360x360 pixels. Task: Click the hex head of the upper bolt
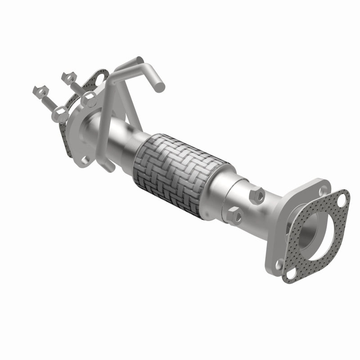(x=89, y=99)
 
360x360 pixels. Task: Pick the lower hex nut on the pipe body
(x=235, y=216)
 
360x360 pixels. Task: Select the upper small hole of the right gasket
(x=342, y=197)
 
